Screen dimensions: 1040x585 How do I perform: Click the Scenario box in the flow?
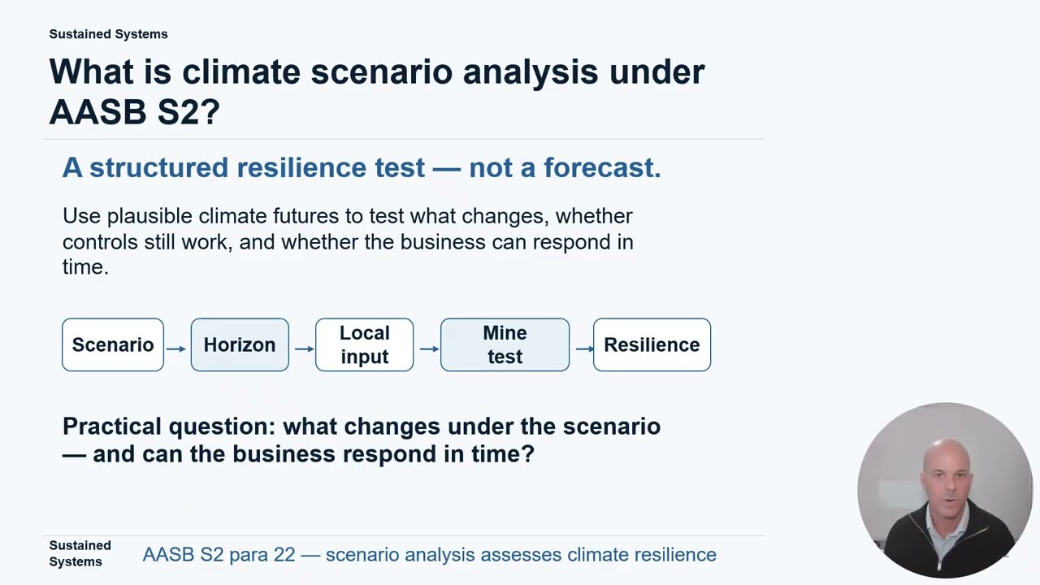pos(113,344)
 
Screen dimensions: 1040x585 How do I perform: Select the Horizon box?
pos(240,344)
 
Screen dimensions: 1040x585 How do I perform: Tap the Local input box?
pos(365,344)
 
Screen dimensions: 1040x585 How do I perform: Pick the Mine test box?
pos(505,344)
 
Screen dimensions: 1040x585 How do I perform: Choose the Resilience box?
pos(652,344)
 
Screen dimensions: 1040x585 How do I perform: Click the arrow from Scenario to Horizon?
pos(176,349)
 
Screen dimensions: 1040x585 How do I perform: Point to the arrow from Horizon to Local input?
pos(304,349)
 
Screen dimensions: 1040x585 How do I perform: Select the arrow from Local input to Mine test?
pos(430,349)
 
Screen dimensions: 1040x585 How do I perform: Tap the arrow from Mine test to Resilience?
pos(584,349)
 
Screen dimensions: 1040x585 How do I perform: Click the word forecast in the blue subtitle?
pos(602,167)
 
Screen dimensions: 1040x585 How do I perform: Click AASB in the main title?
pos(97,112)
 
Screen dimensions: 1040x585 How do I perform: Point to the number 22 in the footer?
pos(284,554)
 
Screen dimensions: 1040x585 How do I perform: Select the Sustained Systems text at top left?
pos(108,34)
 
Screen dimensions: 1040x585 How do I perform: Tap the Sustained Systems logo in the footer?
pos(80,553)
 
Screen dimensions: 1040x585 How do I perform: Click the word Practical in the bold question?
pos(112,427)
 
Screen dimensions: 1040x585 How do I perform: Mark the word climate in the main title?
pos(241,72)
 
